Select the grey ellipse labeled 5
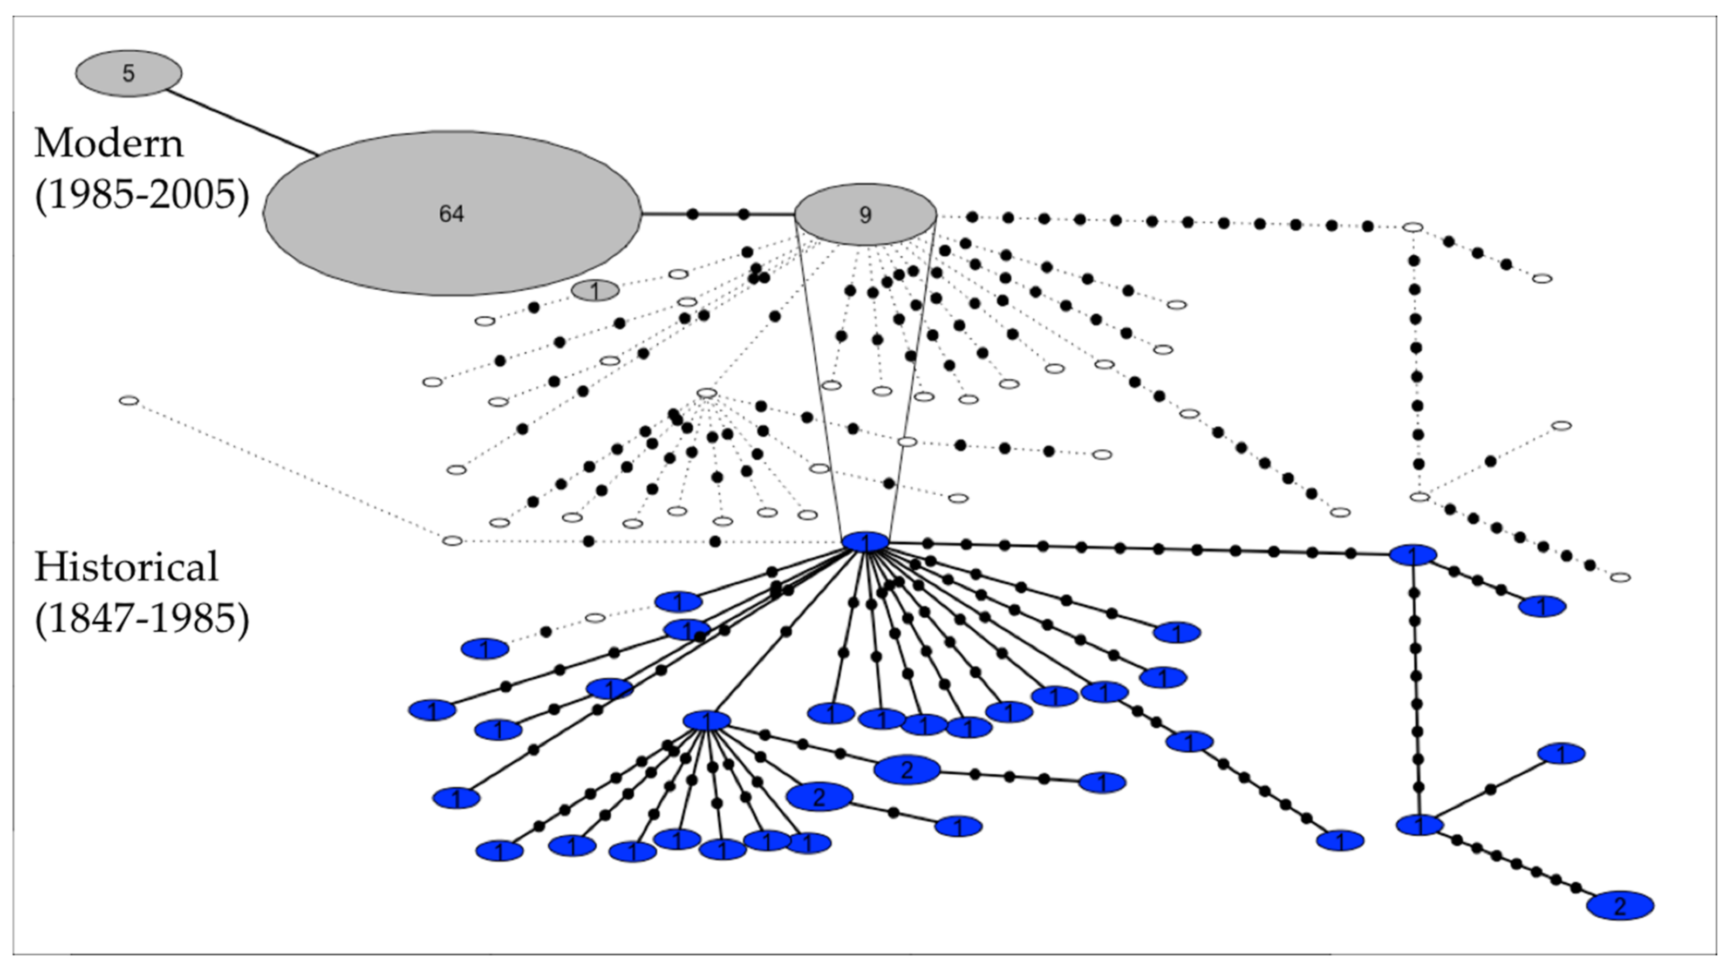click(x=128, y=73)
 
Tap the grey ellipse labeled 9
click(x=865, y=215)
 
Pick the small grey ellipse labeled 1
click(x=595, y=291)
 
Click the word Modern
click(x=108, y=144)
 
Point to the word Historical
click(x=126, y=567)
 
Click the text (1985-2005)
click(x=141, y=195)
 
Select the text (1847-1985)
click(x=141, y=618)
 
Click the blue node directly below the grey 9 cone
click(x=866, y=542)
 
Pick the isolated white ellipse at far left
click(x=128, y=401)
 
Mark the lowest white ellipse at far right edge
click(x=1620, y=577)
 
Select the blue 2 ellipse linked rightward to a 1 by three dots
click(x=907, y=770)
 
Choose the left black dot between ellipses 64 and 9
click(x=693, y=214)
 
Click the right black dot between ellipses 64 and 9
click(x=743, y=214)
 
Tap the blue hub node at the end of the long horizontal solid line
click(x=1413, y=555)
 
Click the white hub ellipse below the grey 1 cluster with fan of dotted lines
click(x=706, y=393)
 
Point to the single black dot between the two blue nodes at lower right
click(x=1490, y=789)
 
